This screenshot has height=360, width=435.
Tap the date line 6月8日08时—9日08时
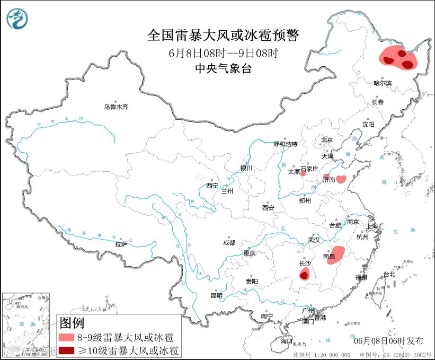point(223,53)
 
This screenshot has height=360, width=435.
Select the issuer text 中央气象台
point(223,68)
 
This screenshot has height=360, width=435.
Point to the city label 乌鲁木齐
point(116,107)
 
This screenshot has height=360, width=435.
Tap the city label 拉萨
point(121,244)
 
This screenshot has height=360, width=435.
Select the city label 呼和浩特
point(285,144)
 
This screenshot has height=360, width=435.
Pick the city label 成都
point(229,242)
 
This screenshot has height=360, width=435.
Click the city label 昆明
point(217,295)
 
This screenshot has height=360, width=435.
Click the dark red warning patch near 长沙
point(304,274)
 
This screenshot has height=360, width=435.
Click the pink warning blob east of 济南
point(342,179)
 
